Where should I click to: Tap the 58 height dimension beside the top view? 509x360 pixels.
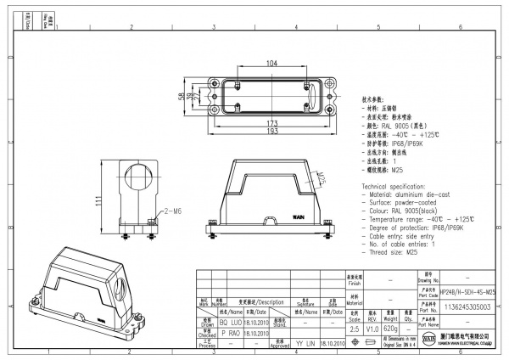182,97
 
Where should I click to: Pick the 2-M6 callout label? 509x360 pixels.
172,209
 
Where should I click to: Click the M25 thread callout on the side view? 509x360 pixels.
324,178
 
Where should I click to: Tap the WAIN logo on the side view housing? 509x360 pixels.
298,217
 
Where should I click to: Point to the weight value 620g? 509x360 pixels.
391,329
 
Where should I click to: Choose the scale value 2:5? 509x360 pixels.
353,329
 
